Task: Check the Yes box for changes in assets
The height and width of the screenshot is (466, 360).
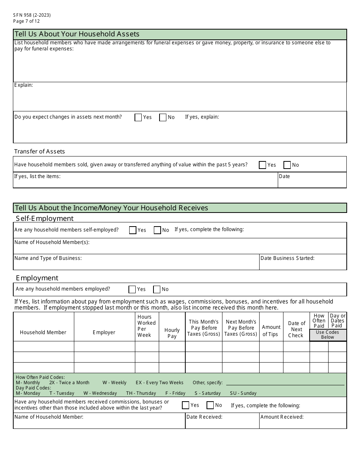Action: click(x=138, y=117)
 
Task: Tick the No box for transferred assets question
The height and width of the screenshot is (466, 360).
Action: click(x=287, y=165)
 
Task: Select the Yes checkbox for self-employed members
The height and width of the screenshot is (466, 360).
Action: click(x=133, y=230)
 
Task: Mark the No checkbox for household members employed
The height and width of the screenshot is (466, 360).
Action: click(x=157, y=289)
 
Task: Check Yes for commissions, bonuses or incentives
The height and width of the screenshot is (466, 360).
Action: click(x=186, y=405)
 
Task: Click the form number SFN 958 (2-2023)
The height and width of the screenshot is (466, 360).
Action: click(x=32, y=15)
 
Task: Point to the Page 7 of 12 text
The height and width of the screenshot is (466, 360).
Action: click(x=27, y=21)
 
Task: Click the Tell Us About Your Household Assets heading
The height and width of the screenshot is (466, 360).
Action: click(x=77, y=34)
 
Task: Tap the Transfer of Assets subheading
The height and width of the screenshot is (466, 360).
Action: click(x=39, y=152)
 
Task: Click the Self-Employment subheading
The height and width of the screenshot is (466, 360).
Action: click(x=45, y=219)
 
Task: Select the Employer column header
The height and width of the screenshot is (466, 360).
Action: click(x=104, y=332)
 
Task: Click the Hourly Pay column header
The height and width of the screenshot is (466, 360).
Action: click(x=172, y=333)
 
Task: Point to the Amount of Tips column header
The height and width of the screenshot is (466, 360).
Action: click(x=271, y=330)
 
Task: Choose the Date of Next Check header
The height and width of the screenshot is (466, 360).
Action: click(x=296, y=329)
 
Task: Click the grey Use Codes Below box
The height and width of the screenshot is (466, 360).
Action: click(x=327, y=335)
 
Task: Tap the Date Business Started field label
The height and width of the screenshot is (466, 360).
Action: click(x=287, y=258)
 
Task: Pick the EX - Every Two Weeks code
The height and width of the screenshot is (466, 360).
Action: click(x=160, y=383)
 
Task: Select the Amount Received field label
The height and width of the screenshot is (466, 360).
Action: click(x=282, y=417)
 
